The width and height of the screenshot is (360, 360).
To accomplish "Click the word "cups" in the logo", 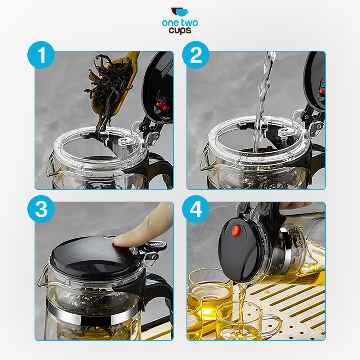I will [x=180, y=31].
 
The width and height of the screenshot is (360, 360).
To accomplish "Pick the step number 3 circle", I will [x=41, y=209].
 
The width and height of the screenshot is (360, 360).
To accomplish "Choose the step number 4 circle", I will [x=195, y=209].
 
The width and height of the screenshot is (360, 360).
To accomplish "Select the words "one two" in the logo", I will [x=180, y=23].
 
